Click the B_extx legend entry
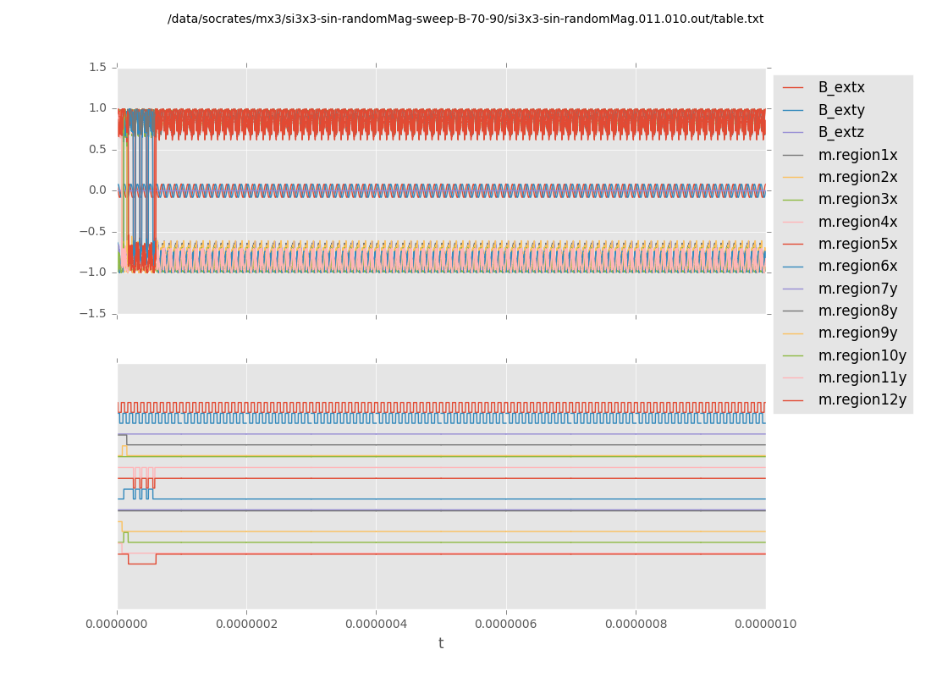841,87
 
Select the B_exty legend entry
841,110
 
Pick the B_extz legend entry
841,132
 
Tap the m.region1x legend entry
857,155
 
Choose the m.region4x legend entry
857,222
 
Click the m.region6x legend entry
857,266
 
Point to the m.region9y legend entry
857,333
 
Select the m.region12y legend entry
862,399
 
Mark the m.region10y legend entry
862,355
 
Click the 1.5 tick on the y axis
98,67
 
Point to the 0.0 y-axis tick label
98,190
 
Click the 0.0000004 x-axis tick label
376,625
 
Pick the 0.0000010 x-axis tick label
765,625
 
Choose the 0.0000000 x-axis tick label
117,625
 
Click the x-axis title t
441,644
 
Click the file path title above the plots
465,19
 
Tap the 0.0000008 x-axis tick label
636,625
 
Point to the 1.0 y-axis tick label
98,108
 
